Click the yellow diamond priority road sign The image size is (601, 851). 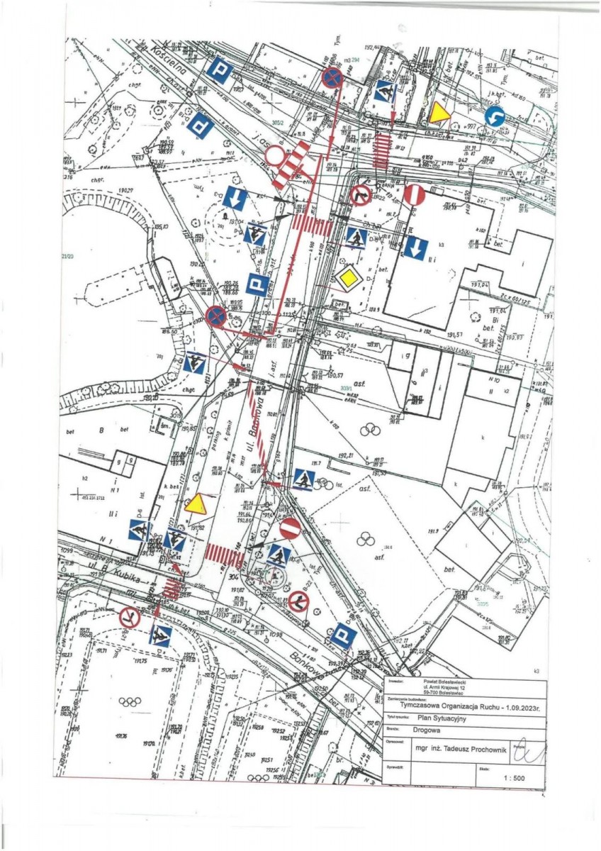click(349, 279)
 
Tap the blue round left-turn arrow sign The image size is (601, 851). click(493, 117)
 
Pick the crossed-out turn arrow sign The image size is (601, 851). click(361, 194)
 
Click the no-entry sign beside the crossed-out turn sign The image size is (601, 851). click(415, 194)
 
